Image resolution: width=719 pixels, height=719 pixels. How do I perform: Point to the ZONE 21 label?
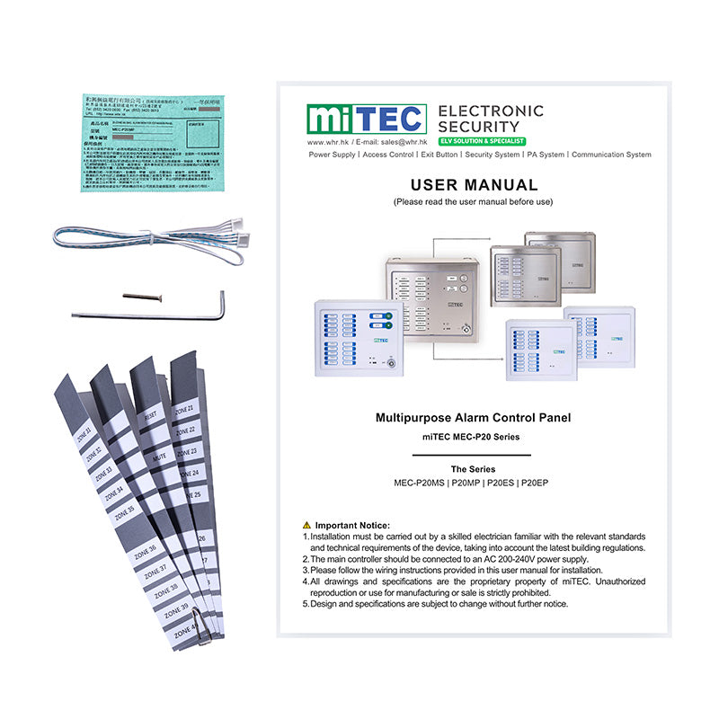coord(184,408)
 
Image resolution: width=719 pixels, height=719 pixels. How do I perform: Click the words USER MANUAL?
coord(474,185)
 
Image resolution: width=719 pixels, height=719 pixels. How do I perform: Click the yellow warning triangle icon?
coord(307,525)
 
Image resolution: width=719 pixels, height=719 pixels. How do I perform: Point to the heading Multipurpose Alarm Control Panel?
coord(473,417)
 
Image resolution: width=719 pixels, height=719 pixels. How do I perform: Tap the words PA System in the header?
coord(546,155)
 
